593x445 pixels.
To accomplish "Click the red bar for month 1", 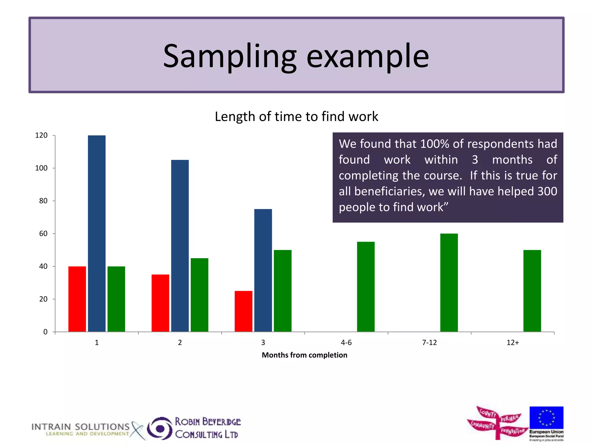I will coord(77,299).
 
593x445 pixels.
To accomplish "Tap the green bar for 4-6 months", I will coord(366,287).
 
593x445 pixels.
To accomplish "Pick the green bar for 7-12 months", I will coord(449,282).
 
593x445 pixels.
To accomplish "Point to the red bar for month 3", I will coord(243,311).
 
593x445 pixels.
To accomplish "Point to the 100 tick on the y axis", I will coord(41,168).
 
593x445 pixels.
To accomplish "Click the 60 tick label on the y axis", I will coord(43,234).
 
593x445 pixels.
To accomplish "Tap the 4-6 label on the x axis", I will coord(346,343).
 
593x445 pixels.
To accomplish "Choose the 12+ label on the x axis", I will coord(513,343).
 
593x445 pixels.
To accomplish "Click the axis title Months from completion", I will coord(304,355).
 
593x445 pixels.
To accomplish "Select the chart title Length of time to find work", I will coord(296,116).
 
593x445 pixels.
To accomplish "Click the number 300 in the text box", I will coord(547,191).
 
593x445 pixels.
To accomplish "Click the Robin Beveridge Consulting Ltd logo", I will coord(194,428).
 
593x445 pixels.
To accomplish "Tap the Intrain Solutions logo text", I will coord(80,427).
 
